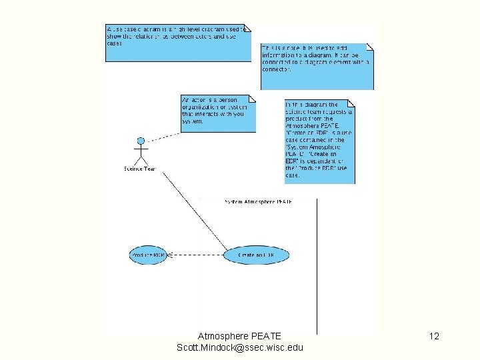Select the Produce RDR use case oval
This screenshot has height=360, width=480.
click(x=147, y=255)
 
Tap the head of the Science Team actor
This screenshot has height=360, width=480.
click(x=141, y=141)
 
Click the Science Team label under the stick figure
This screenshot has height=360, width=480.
click(x=139, y=169)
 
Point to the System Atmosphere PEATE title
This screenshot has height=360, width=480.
click(x=257, y=201)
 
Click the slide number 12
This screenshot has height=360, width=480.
click(x=434, y=337)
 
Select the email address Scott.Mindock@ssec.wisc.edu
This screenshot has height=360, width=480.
click(x=239, y=347)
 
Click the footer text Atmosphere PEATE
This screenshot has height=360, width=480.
click(x=239, y=336)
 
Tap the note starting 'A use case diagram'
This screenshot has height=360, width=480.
click(x=177, y=43)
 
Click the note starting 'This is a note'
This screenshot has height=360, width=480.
click(x=316, y=66)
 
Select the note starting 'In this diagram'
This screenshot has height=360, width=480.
click(x=319, y=141)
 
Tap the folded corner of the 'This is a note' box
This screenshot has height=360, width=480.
click(x=370, y=47)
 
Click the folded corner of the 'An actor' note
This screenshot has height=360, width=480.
click(x=251, y=99)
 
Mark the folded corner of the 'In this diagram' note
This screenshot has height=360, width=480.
click(x=351, y=103)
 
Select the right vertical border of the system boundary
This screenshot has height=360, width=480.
click(x=317, y=267)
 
